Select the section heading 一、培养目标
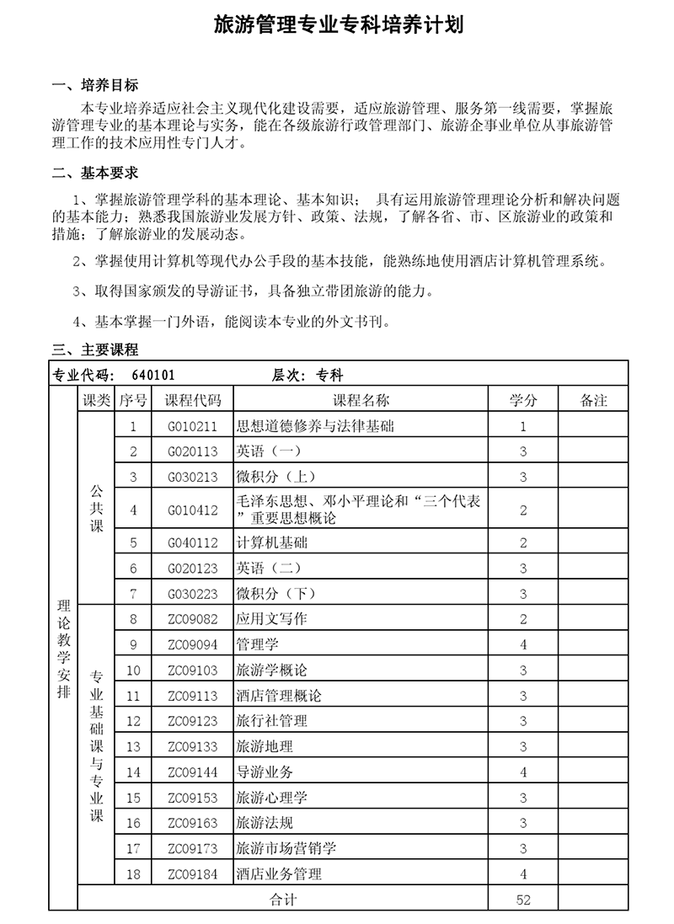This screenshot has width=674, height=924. click(x=95, y=86)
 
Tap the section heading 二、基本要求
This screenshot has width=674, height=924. click(x=95, y=174)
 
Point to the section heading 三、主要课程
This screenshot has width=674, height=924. click(x=95, y=350)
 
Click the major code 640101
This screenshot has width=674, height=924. click(x=153, y=375)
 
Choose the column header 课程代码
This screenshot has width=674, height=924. click(x=192, y=400)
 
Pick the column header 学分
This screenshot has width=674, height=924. click(x=523, y=400)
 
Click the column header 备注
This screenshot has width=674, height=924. click(x=594, y=400)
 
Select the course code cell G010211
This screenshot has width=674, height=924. click(x=192, y=426)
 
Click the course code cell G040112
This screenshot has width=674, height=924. click(x=192, y=542)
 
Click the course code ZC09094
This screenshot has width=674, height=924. click(x=192, y=645)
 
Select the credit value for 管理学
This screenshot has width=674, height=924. click(x=523, y=645)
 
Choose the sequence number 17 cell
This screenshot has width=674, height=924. click(x=133, y=848)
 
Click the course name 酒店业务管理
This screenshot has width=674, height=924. click(x=279, y=874)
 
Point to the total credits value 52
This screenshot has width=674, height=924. click(x=523, y=900)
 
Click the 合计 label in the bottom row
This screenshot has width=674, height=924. click(x=283, y=900)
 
